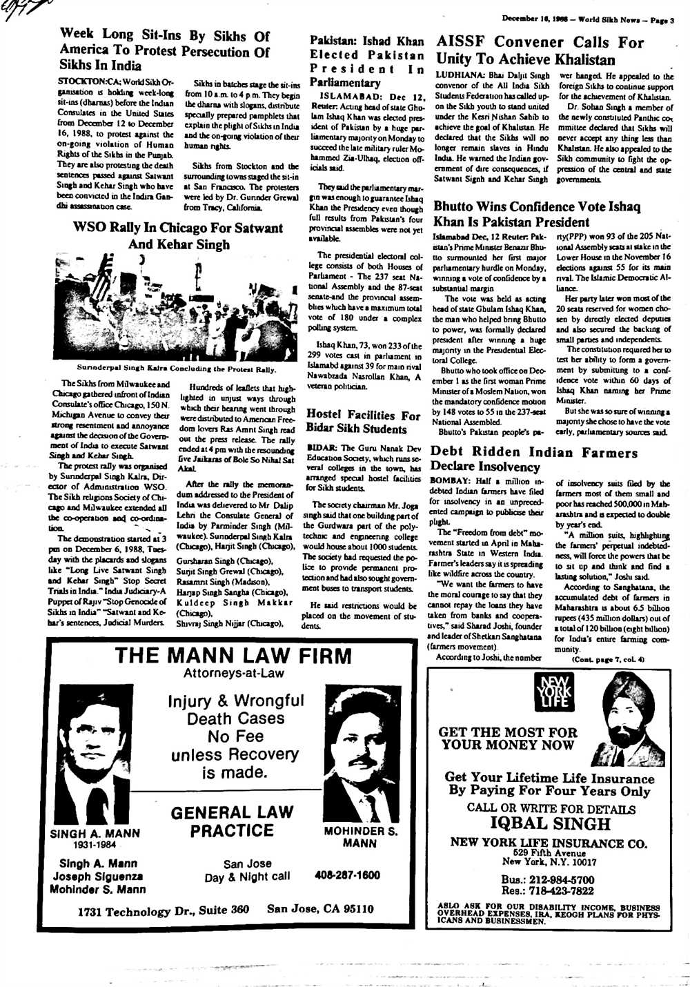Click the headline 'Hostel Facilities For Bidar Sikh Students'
pyautogui.click(x=363, y=421)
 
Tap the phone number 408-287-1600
pyautogui.click(x=347, y=875)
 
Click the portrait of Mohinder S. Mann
pyautogui.click(x=361, y=757)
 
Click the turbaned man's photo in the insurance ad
pyautogui.click(x=629, y=720)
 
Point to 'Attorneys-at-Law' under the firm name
pyautogui.click(x=233, y=673)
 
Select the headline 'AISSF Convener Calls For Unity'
pyautogui.click(x=540, y=50)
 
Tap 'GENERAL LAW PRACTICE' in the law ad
pyautogui.click(x=232, y=821)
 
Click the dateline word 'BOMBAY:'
pyautogui.click(x=450, y=480)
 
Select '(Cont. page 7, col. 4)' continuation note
pyautogui.click(x=607, y=660)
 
